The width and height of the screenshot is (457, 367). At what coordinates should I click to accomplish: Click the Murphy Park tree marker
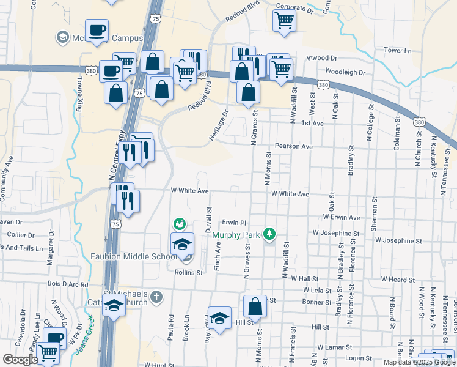(269, 234)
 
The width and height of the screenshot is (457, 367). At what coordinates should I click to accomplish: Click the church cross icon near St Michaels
(156, 297)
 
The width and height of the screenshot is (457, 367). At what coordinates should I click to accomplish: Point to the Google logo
(20, 360)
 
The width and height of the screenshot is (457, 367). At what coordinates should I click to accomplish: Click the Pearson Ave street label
(293, 147)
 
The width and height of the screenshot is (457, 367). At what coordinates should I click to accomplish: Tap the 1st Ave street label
(312, 123)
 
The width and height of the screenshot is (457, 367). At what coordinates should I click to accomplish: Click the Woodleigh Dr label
(345, 72)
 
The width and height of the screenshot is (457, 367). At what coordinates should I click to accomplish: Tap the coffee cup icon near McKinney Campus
(97, 31)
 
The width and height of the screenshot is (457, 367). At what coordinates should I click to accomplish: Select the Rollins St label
(188, 272)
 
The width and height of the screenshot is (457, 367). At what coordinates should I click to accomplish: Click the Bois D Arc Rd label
(67, 284)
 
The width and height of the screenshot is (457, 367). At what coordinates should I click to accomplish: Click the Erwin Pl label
(233, 223)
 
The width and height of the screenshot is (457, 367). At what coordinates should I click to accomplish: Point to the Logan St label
(359, 358)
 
